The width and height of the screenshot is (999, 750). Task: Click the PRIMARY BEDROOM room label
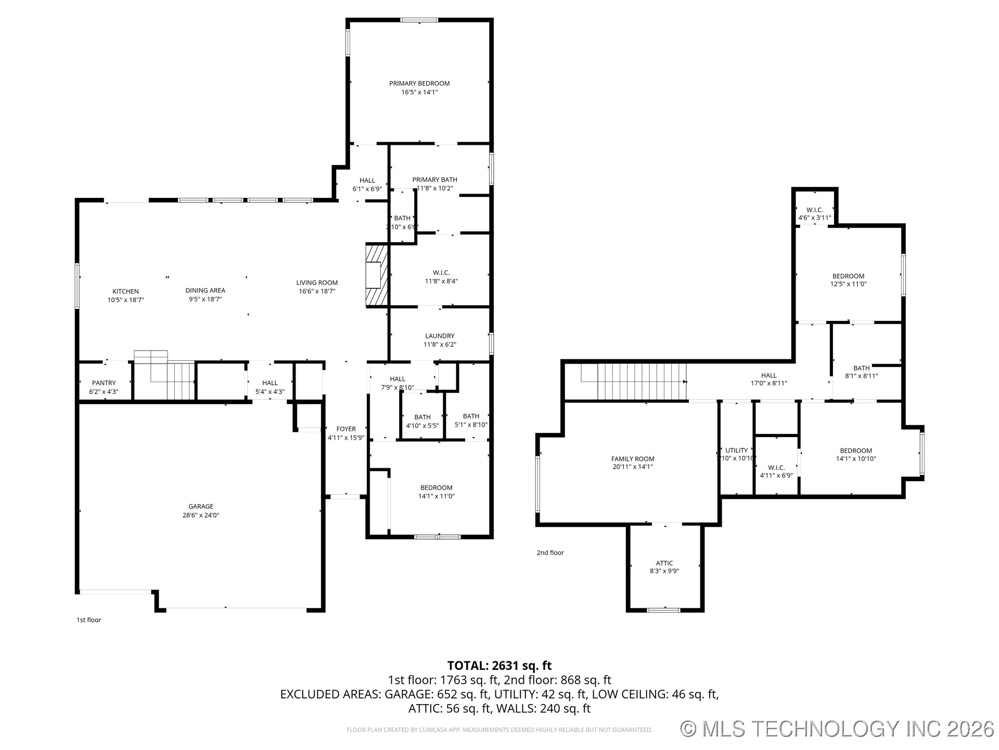[x=419, y=83]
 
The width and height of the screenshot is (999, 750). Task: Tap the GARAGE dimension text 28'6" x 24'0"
[x=201, y=515]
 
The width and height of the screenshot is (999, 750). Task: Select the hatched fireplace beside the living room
[x=377, y=274]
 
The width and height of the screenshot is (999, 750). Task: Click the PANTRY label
[x=104, y=383]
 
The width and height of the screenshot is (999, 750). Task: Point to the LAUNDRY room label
[x=440, y=336]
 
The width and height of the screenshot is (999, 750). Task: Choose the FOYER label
[x=346, y=429]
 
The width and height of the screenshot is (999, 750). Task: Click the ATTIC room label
[x=664, y=563]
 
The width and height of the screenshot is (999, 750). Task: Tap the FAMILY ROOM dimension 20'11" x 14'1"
[x=633, y=467]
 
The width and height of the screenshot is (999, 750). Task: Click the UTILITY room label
[x=736, y=451]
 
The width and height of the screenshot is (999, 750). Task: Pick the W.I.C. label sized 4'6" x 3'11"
[x=814, y=210]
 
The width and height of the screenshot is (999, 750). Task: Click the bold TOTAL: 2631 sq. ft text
[x=499, y=666]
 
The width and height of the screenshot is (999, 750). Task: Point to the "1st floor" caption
[x=89, y=620]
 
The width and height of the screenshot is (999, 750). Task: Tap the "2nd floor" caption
[x=550, y=553]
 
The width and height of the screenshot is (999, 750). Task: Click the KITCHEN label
[x=125, y=292]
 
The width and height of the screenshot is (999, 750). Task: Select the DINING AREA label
[x=205, y=291]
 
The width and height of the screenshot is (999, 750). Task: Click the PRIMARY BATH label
[x=434, y=180]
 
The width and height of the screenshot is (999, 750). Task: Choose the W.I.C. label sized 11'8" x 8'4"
[x=441, y=273]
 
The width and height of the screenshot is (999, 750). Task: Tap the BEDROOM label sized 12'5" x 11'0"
[x=848, y=276]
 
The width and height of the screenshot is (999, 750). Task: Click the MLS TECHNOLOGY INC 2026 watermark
[x=838, y=729]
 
